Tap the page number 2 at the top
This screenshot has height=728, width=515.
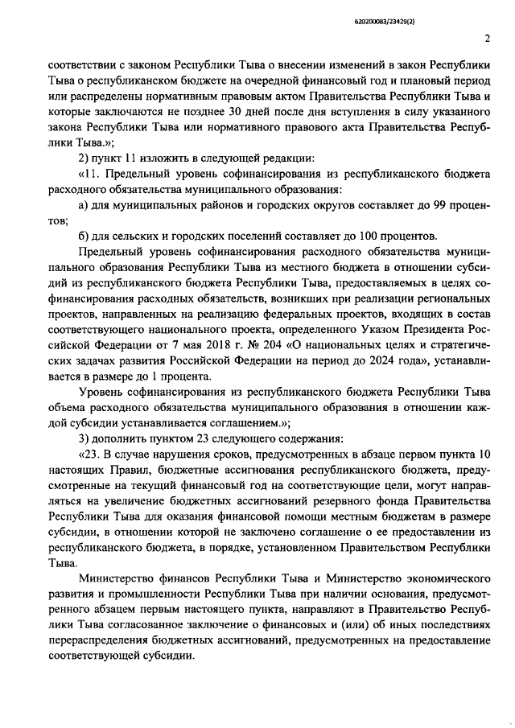(488, 39)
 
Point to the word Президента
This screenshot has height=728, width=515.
(429, 331)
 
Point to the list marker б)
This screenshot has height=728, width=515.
(83, 235)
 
